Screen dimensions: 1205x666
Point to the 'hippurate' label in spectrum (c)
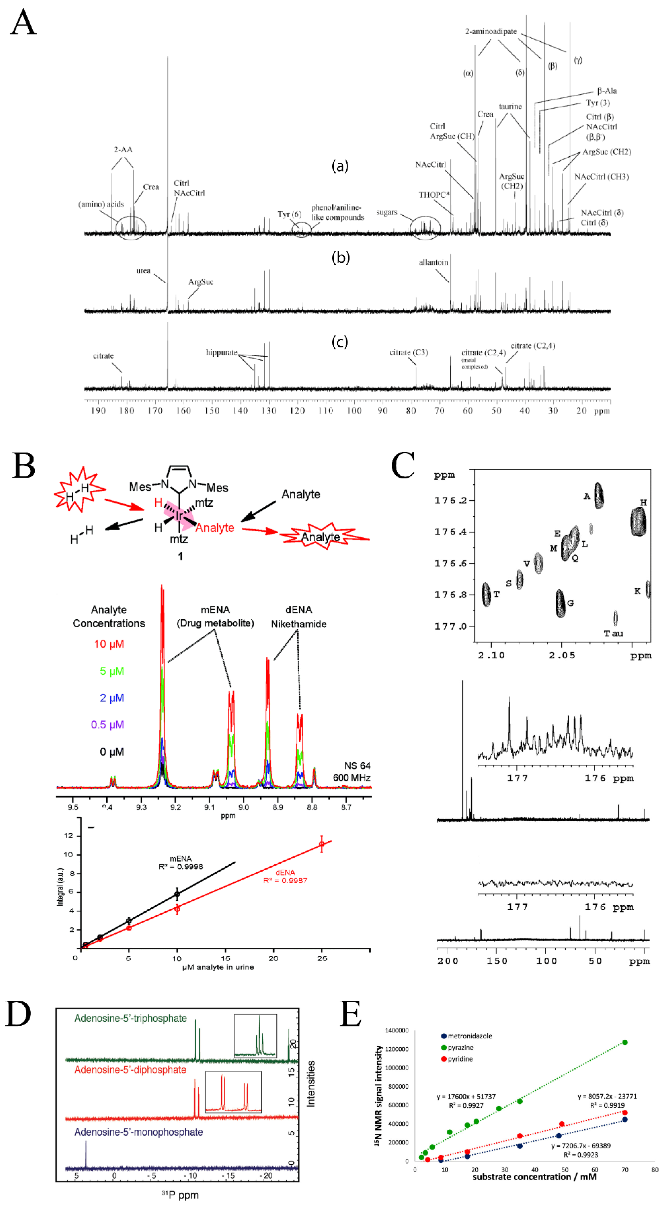pos(221,352)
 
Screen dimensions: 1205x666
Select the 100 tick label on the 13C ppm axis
pos(354,411)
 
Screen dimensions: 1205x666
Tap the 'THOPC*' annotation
pos(434,195)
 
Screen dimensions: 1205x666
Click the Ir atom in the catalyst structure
pos(179,515)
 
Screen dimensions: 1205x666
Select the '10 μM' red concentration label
pos(109,644)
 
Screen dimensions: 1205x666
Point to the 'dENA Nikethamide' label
pos(299,617)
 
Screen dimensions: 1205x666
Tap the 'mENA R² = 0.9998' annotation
pos(181,862)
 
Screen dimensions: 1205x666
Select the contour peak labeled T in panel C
pos(486,594)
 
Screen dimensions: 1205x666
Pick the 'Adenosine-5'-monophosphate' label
pos(139,1132)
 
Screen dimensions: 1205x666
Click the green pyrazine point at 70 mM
pos(625,1042)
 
